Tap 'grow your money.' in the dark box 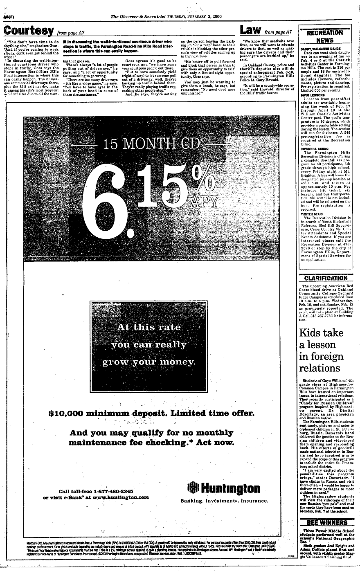[x=148, y=362]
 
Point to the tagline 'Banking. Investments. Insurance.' [x=220, y=501]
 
